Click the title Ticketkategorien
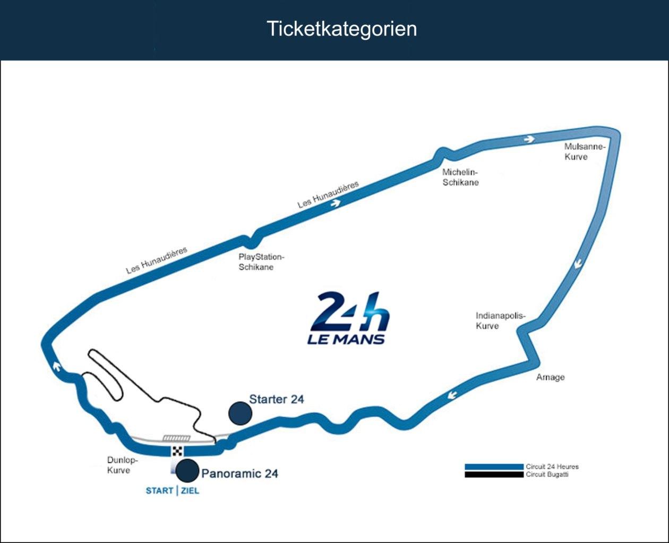point(341,29)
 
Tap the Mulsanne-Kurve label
point(584,151)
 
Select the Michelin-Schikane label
point(460,177)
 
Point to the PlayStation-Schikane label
point(261,262)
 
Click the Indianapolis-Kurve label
point(500,320)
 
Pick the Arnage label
point(550,377)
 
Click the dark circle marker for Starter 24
point(240,413)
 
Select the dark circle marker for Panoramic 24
point(187,471)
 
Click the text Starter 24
point(277,399)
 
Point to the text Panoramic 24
point(240,473)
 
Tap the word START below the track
point(159,490)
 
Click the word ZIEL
point(190,490)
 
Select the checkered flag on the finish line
point(177,452)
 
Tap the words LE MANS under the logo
point(346,338)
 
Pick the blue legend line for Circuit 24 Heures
point(494,466)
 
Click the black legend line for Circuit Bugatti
point(494,474)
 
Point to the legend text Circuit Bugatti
point(547,474)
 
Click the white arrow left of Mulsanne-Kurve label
point(528,139)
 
